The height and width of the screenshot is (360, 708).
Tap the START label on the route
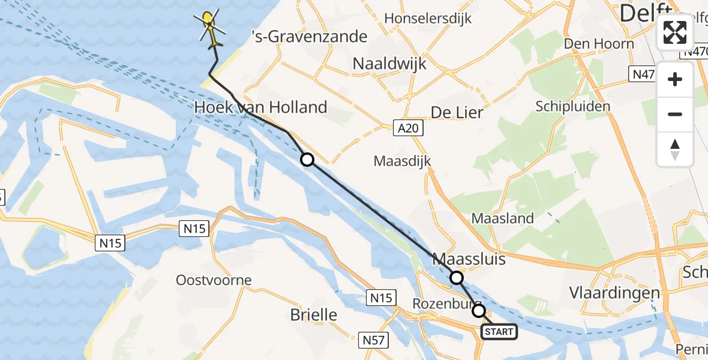[499, 332]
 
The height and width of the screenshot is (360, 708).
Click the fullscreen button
[675, 32]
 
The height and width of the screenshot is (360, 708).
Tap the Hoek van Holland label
[261, 108]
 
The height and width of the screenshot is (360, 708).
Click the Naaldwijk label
[389, 64]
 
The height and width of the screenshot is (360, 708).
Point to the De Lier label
[457, 112]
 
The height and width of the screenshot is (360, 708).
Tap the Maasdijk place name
[402, 161]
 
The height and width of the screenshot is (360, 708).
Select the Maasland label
[503, 218]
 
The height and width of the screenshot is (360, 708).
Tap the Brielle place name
[313, 315]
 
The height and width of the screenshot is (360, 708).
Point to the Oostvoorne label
[214, 280]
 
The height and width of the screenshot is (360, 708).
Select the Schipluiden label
[573, 107]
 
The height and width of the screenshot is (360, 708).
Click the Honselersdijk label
[428, 19]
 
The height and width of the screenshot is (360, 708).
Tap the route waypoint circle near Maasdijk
[307, 160]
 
